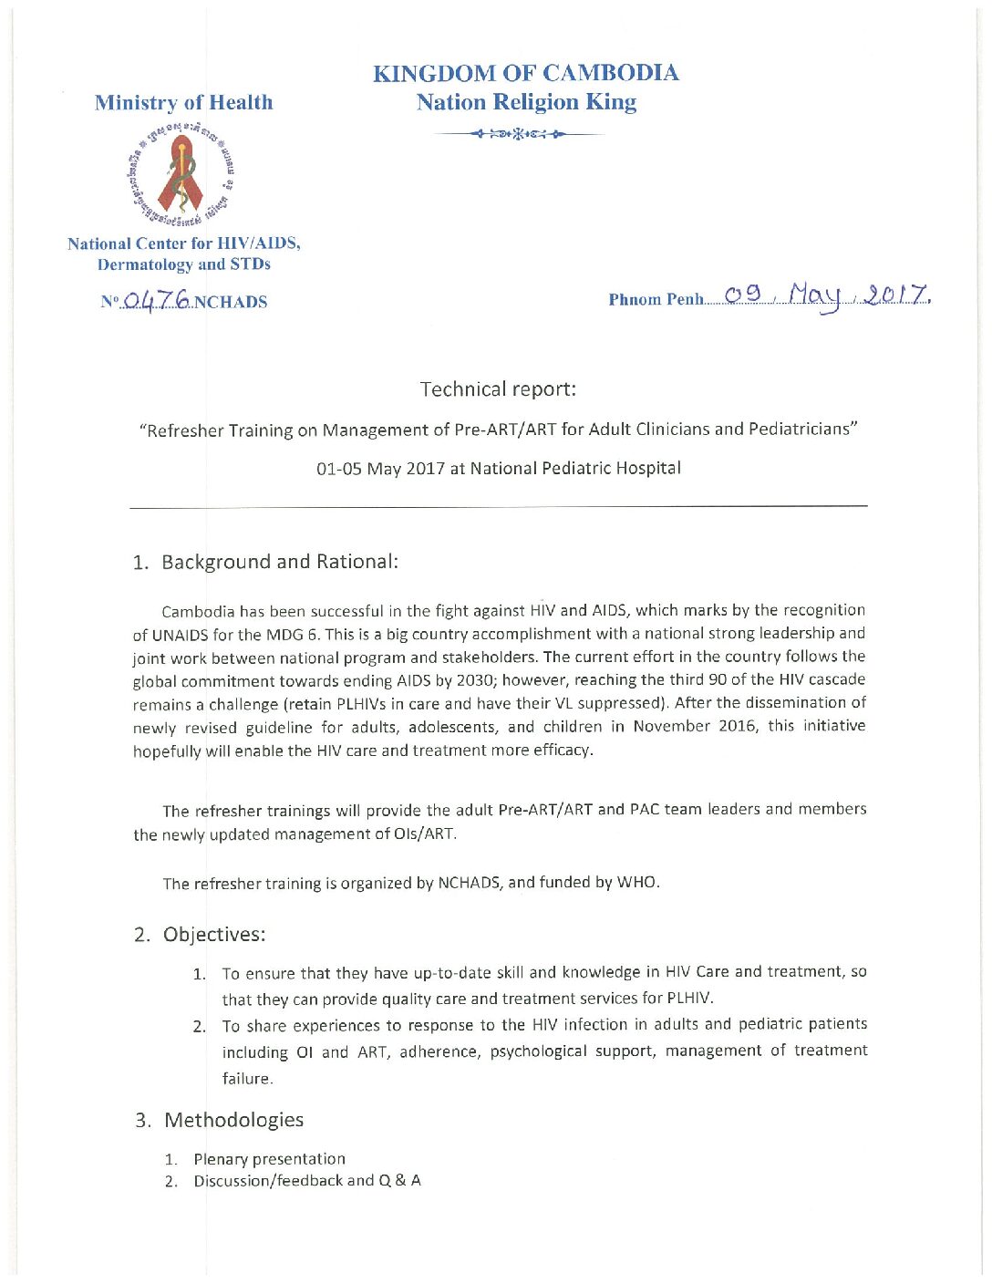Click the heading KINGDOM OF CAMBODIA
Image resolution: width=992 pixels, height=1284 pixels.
tap(525, 73)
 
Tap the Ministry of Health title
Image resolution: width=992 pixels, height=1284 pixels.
tap(183, 102)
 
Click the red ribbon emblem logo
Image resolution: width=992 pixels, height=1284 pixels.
tap(183, 175)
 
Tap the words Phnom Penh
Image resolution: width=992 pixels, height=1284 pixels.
tap(656, 299)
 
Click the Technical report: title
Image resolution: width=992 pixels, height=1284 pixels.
tap(498, 389)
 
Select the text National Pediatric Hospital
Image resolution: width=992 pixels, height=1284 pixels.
tap(575, 469)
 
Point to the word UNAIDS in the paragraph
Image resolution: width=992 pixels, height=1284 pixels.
tap(181, 635)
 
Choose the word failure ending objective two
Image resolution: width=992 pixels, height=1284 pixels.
tap(247, 1079)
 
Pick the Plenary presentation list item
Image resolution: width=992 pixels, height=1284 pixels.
tap(269, 1159)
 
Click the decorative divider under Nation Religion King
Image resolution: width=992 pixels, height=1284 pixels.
tap(520, 135)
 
